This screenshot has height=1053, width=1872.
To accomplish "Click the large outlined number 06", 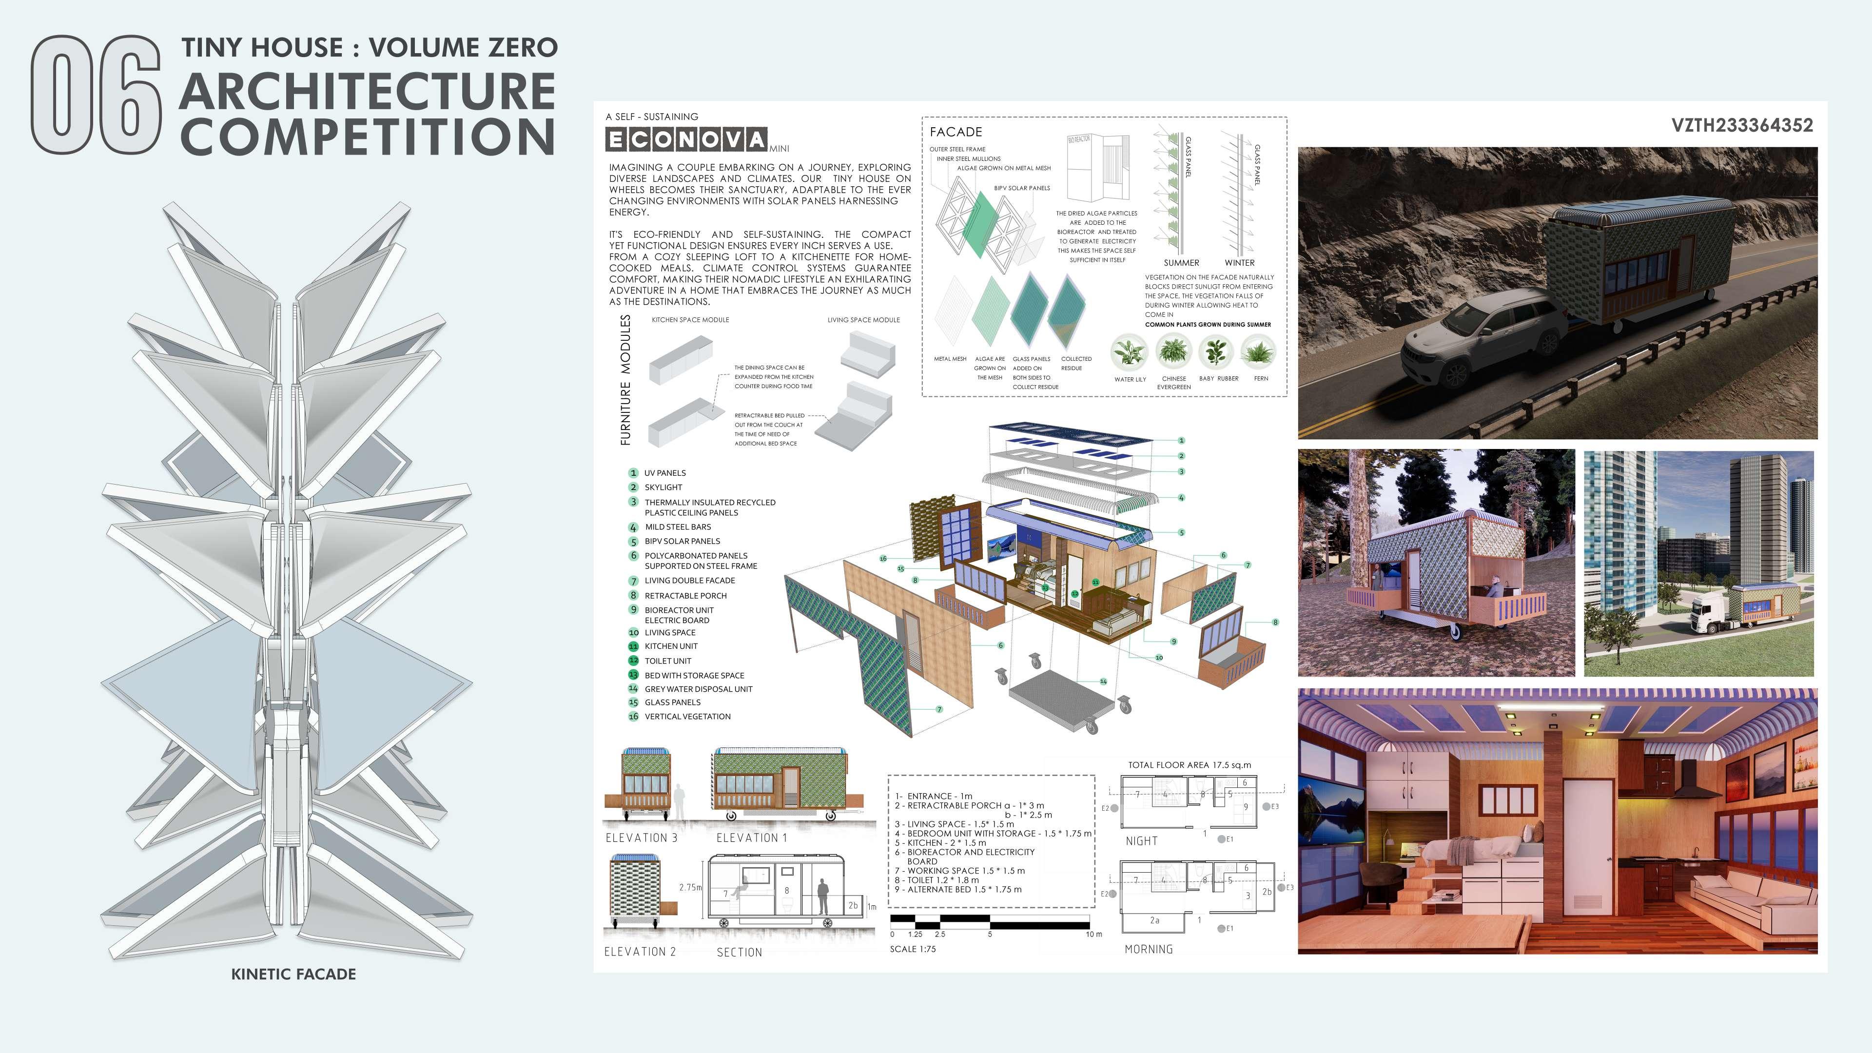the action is click(96, 95).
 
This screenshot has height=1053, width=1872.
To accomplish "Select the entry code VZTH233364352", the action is click(1741, 126).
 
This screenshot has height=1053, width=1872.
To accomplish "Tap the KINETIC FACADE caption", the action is click(293, 974).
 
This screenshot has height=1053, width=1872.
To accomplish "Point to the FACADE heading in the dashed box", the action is click(955, 132).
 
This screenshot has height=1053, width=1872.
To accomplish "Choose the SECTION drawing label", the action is click(739, 952).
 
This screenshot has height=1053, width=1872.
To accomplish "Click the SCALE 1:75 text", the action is click(913, 949).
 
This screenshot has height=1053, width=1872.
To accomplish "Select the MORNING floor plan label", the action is click(1148, 949).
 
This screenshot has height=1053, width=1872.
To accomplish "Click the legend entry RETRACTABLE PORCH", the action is click(685, 595).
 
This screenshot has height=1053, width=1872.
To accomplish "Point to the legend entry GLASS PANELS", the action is click(672, 702).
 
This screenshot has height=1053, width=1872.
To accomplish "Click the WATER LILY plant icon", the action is click(1130, 353).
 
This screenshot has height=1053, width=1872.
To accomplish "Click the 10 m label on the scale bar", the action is click(1093, 935).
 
